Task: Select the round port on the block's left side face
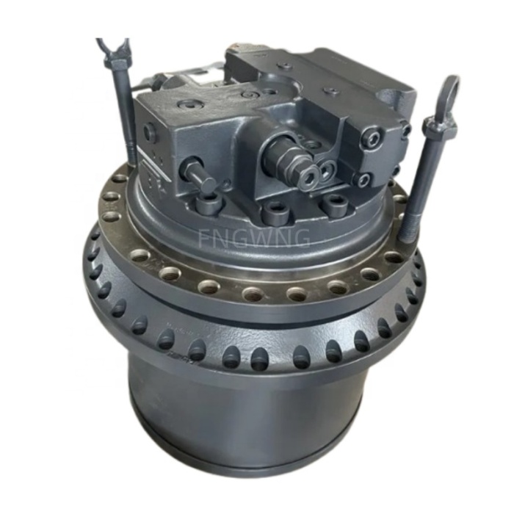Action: coord(150,133)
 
